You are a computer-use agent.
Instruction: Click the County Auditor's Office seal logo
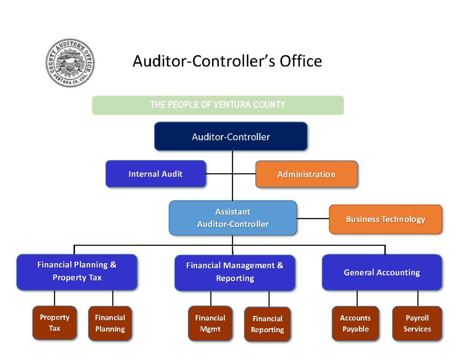[70, 63]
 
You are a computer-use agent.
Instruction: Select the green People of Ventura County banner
[218, 105]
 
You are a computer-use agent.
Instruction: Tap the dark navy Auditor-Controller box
[231, 136]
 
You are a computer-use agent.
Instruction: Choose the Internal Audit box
[156, 174]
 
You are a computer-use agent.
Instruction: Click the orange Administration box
[307, 174]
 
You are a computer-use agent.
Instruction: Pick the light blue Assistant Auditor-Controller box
[232, 218]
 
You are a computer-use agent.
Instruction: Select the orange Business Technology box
[385, 219]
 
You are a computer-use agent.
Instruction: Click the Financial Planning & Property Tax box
[77, 272]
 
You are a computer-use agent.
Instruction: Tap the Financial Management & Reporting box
[235, 272]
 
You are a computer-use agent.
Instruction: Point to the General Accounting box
[381, 272]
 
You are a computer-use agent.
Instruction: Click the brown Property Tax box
[54, 323]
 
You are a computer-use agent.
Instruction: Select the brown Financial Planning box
[110, 324]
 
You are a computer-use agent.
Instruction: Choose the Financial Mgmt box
[210, 324]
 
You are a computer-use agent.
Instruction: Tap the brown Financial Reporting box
[267, 325]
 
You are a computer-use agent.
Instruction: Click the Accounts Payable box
[356, 324]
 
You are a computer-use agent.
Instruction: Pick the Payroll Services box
[417, 324]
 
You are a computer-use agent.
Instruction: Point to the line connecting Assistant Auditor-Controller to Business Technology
[313, 219]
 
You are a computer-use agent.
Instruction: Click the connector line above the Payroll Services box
[418, 298]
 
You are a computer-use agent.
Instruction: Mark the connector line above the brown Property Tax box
[54, 298]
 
